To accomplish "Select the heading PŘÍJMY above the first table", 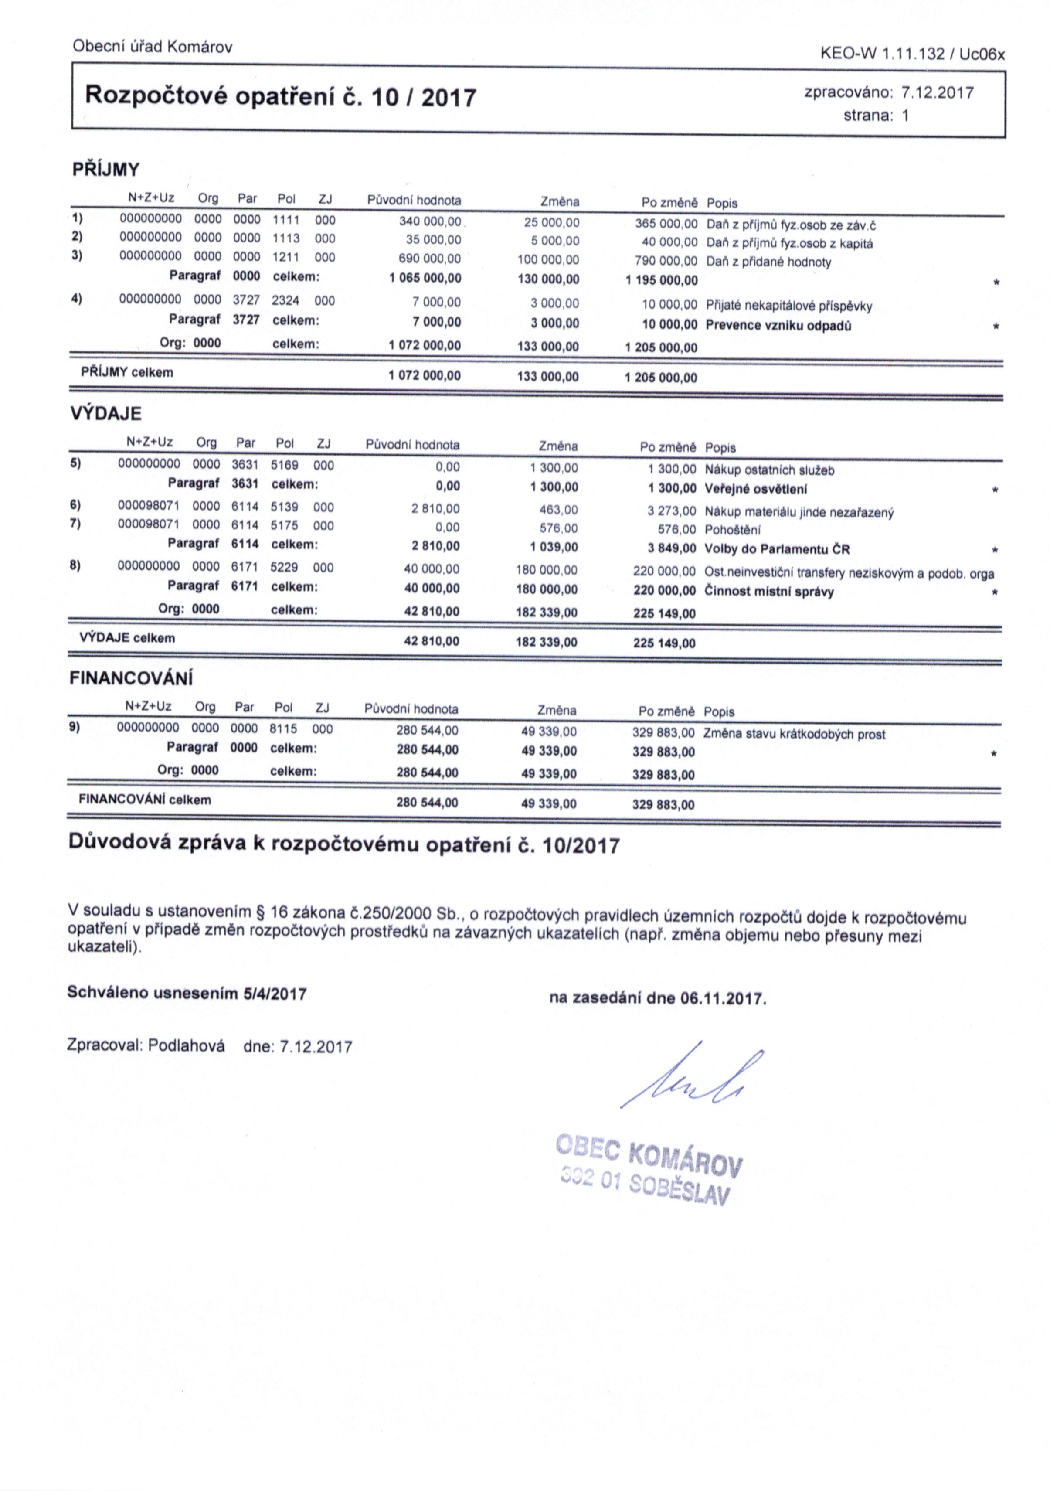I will coord(105,170).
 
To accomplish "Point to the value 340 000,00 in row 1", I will coord(429,221).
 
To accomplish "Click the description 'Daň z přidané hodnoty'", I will coord(768,262).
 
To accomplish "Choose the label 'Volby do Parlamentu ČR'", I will coord(777,549).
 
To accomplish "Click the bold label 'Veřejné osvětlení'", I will coord(755,489).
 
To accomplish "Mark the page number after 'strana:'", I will coord(904,116).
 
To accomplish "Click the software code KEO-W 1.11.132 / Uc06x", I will coord(912,54).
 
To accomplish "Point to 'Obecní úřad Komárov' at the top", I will coord(153,47).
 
